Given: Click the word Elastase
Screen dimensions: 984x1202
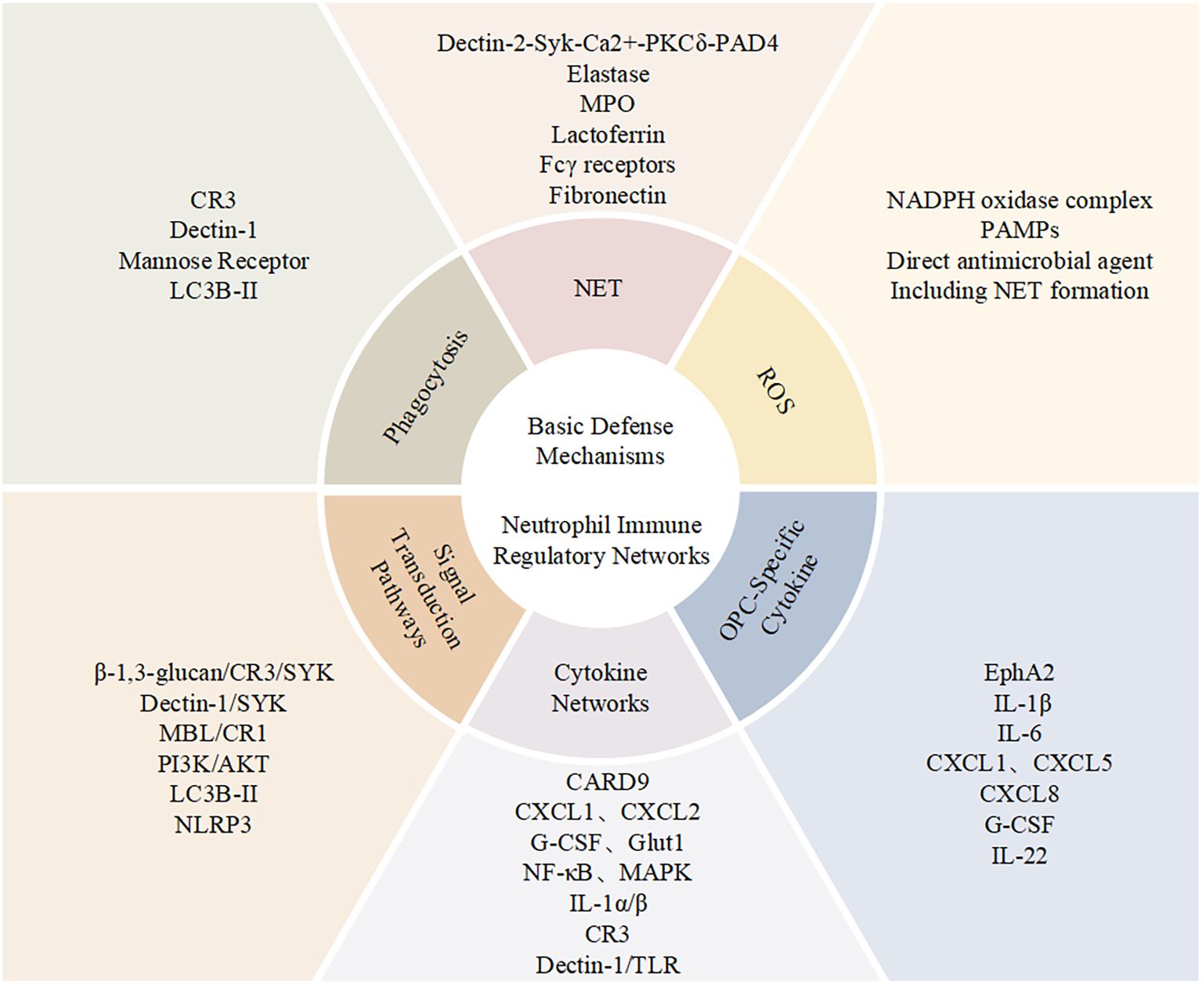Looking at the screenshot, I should (x=608, y=74).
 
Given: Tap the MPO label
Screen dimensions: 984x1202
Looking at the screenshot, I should (x=608, y=104).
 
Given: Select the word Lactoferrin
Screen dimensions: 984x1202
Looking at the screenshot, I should (x=608, y=135).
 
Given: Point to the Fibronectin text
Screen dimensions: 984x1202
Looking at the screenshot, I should (x=608, y=195).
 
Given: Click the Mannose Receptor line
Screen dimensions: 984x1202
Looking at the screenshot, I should (x=214, y=261).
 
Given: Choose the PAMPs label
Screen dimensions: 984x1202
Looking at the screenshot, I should (x=1019, y=230).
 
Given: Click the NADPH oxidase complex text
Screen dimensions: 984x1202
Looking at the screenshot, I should (x=1019, y=201).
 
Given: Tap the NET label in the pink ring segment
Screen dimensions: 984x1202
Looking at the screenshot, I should (x=598, y=288).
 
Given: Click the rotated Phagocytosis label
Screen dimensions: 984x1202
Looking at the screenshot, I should (x=426, y=387).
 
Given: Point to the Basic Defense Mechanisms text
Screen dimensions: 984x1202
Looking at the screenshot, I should (x=600, y=441).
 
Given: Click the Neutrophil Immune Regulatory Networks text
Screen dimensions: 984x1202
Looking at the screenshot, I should (x=601, y=541).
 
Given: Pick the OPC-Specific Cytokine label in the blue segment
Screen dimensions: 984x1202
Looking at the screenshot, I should (x=768, y=579).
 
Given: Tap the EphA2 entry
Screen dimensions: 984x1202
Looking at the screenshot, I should (x=1019, y=673).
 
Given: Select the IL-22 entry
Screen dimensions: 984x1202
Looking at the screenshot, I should (x=1019, y=856).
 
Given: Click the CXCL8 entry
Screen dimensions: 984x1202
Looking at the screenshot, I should (x=1019, y=794).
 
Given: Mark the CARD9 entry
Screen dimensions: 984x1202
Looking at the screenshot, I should (x=608, y=782).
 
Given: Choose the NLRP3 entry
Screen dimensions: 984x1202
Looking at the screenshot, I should (x=213, y=825).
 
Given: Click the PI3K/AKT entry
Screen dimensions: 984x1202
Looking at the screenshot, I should (x=213, y=764).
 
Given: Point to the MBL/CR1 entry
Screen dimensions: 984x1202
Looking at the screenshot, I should (x=213, y=733).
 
